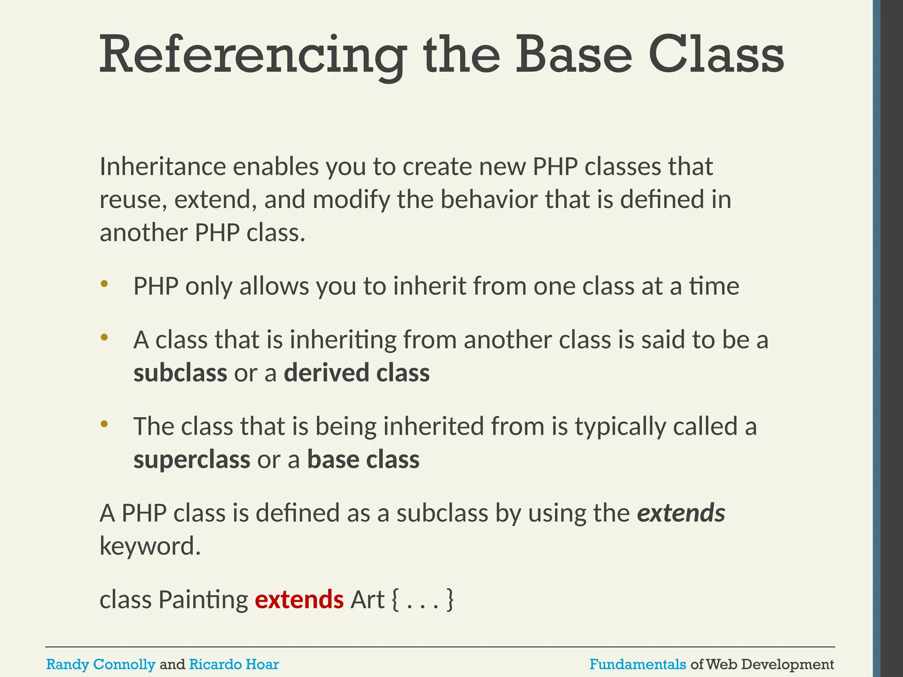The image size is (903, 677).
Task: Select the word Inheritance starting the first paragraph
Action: pyautogui.click(x=163, y=167)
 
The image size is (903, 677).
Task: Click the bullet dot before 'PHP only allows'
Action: pyautogui.click(x=104, y=284)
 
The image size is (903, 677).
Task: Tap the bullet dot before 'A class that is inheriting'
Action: pyautogui.click(x=104, y=338)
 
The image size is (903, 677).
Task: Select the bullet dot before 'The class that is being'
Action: pyautogui.click(x=104, y=424)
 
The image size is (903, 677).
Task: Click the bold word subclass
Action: pyautogui.click(x=180, y=373)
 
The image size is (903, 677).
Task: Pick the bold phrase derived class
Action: pyautogui.click(x=356, y=373)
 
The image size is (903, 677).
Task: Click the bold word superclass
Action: pyautogui.click(x=192, y=460)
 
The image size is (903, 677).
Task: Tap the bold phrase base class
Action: pyautogui.click(x=363, y=460)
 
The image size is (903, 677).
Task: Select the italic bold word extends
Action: pyautogui.click(x=681, y=513)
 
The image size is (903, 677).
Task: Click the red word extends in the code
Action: pyautogui.click(x=299, y=600)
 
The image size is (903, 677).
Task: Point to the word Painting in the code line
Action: pyautogui.click(x=203, y=600)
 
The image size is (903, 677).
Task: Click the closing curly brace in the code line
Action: pyautogui.click(x=450, y=600)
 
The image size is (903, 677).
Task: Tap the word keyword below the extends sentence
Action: pyautogui.click(x=150, y=547)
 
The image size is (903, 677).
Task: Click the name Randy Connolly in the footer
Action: pyautogui.click(x=101, y=664)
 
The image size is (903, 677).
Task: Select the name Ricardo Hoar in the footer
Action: pyautogui.click(x=234, y=664)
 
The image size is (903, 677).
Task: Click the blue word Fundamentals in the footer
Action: pyautogui.click(x=638, y=664)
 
